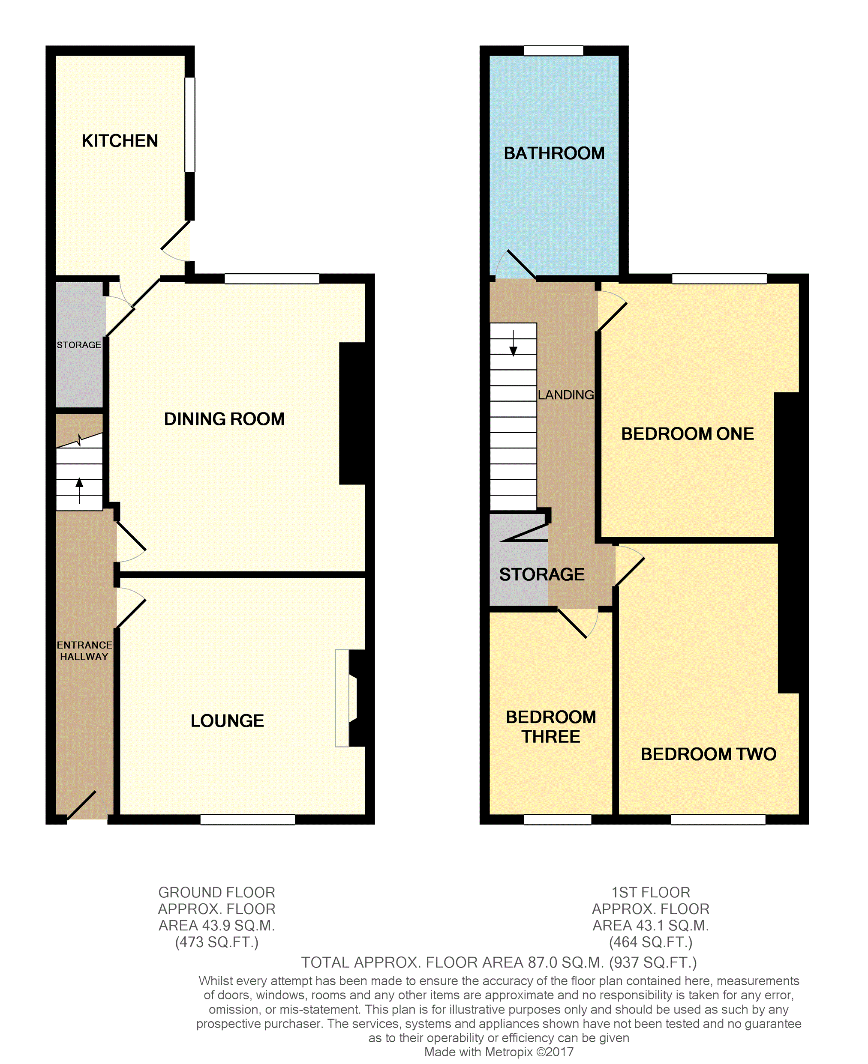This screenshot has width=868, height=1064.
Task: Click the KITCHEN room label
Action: tap(120, 141)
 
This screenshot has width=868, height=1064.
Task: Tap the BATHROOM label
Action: tap(554, 153)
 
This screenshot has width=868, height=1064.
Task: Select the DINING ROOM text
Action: tap(224, 418)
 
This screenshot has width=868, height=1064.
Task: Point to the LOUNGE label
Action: tap(227, 720)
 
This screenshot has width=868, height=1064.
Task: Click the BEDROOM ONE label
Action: tap(688, 433)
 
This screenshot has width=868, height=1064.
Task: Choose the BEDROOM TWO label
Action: tap(709, 754)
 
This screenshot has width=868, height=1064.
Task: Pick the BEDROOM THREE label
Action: tap(551, 727)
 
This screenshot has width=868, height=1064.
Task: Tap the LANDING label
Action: tap(566, 395)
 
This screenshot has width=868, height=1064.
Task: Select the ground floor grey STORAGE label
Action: tap(78, 345)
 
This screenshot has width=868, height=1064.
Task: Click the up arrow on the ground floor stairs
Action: tap(79, 490)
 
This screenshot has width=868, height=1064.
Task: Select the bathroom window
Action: tap(553, 51)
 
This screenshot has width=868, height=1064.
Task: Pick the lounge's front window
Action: tap(247, 820)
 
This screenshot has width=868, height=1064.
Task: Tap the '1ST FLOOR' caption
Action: tap(651, 892)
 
